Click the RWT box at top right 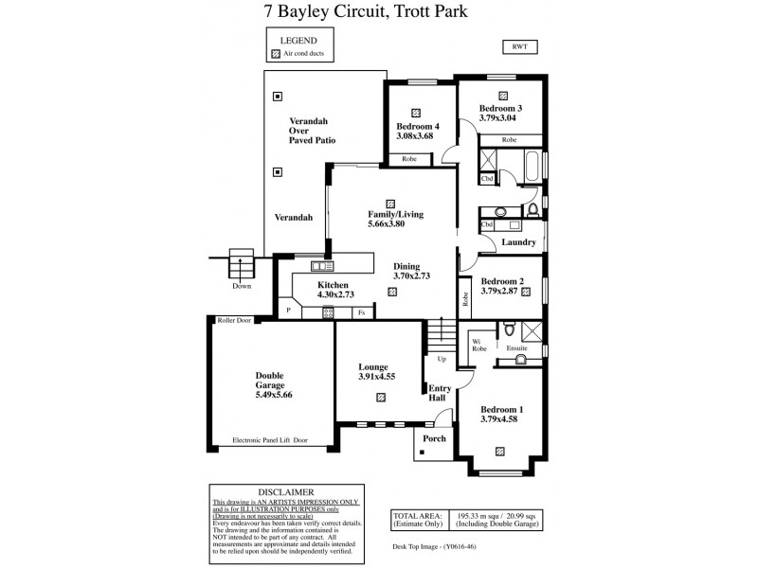(x=519, y=47)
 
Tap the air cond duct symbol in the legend (x=277, y=55)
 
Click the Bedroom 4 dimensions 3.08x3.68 (x=415, y=136)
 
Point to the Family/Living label (x=395, y=214)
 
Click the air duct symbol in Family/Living (x=391, y=203)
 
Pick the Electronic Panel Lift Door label (x=270, y=440)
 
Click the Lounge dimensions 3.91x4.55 (x=376, y=377)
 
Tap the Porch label (x=434, y=438)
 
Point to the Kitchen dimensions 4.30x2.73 (x=333, y=295)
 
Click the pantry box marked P (x=288, y=310)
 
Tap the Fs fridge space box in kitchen (x=361, y=311)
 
